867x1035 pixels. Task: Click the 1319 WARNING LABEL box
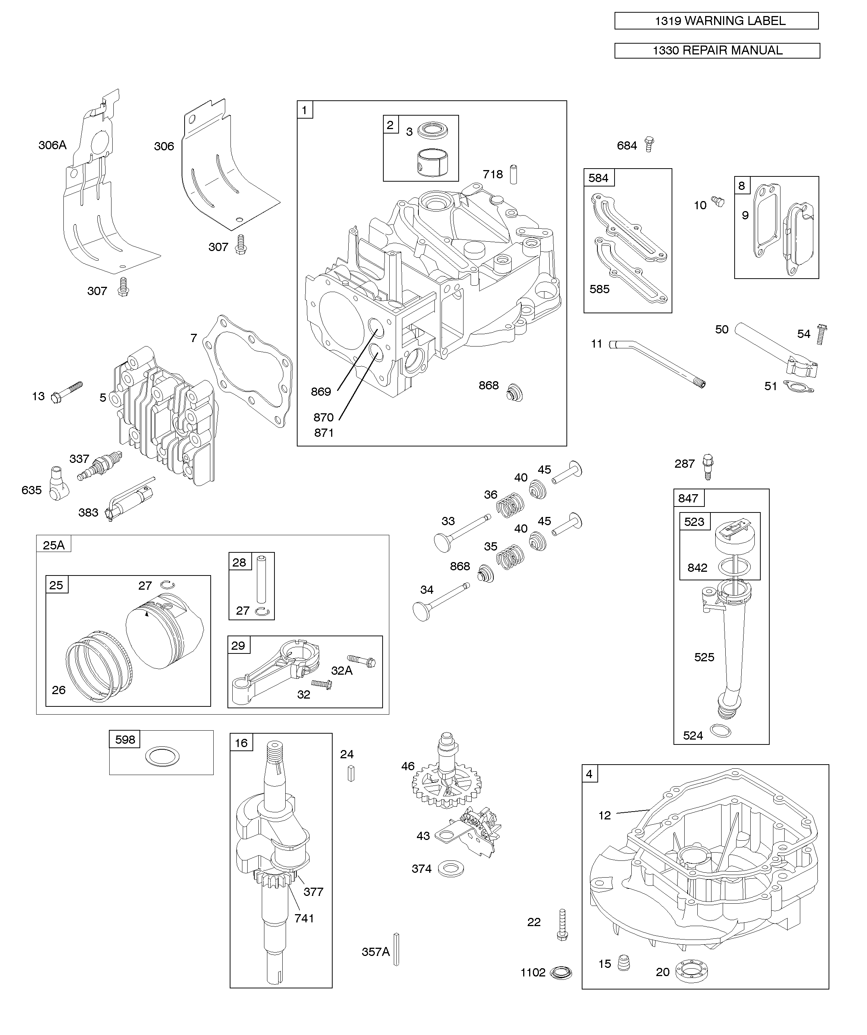[x=716, y=21]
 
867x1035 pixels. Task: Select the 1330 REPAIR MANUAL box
[x=717, y=51]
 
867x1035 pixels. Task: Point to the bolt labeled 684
[x=650, y=144]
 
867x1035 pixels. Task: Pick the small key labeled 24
[x=351, y=773]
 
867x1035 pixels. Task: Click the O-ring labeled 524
[x=720, y=730]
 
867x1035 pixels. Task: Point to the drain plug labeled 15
[x=624, y=963]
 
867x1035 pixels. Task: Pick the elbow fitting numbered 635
[x=58, y=483]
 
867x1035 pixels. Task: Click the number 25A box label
[x=54, y=544]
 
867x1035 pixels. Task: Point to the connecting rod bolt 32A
[x=362, y=661]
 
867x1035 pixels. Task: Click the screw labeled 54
[x=821, y=334]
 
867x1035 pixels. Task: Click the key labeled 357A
[x=396, y=949]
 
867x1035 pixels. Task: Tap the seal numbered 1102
[x=561, y=973]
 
